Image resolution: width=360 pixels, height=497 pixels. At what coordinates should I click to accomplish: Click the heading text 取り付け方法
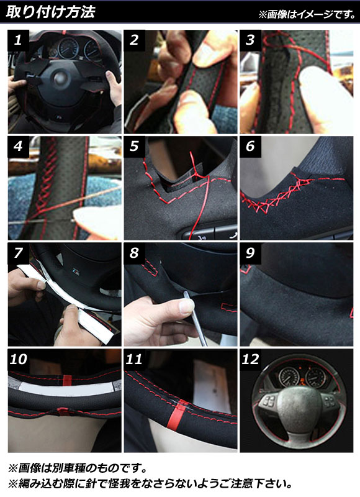tap(50, 12)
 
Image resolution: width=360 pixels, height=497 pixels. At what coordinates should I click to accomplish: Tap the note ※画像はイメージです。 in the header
tap(307, 14)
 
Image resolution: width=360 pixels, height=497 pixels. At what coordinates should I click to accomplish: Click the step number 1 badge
tap(19, 40)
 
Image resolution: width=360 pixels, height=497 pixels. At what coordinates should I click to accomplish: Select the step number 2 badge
tap(134, 40)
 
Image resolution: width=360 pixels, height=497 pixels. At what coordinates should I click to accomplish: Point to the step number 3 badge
tap(250, 40)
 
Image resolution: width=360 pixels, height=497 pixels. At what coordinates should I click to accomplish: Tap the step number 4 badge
tap(19, 147)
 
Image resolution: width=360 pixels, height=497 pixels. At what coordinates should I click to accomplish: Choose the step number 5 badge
tap(134, 147)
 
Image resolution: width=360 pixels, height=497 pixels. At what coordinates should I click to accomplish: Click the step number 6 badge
tap(250, 147)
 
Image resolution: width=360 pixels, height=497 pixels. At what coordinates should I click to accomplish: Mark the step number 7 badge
tap(19, 253)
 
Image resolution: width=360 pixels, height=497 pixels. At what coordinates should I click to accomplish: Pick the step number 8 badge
tap(134, 253)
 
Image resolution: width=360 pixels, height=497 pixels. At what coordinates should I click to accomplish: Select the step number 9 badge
tap(250, 253)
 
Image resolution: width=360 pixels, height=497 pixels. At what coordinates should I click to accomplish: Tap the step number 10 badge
tap(19, 360)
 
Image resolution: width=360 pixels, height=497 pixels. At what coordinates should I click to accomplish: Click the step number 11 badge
tap(134, 360)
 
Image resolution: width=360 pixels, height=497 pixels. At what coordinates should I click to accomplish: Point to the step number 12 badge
tap(250, 360)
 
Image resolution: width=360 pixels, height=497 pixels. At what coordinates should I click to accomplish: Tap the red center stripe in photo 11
tap(176, 416)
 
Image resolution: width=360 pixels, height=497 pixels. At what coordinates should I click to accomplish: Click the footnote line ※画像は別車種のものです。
tap(78, 468)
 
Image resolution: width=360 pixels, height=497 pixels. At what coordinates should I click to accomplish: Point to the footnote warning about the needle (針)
tap(150, 484)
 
